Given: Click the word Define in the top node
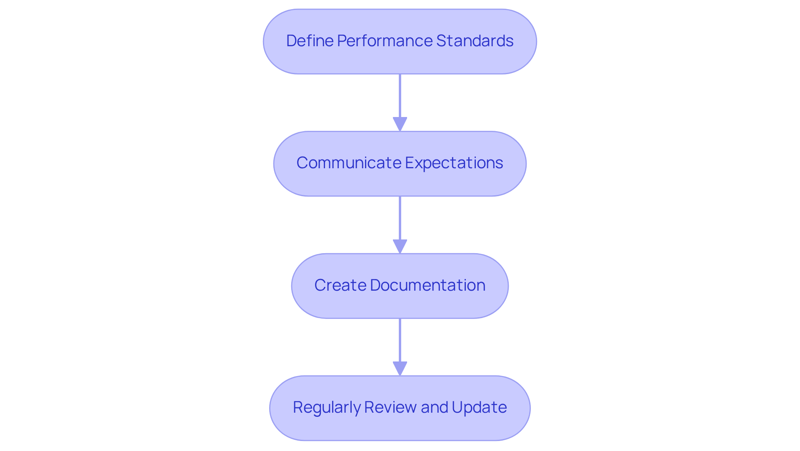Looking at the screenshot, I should tap(310, 41).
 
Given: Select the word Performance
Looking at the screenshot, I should tap(385, 41).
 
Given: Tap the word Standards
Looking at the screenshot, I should tap(475, 41).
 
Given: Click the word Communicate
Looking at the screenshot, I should tap(348, 163).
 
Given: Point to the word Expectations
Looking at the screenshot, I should tap(454, 163).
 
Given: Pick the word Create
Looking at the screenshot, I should tap(340, 285).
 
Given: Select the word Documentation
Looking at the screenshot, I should tap(427, 285).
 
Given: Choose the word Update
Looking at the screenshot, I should tap(479, 407).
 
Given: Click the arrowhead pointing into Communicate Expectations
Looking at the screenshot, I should tap(400, 124).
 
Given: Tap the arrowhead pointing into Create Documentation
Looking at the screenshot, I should tap(400, 246).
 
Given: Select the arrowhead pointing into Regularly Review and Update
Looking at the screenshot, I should tap(400, 369).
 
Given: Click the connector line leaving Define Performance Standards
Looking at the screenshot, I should tap(400, 96).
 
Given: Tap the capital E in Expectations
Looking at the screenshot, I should tap(409, 163).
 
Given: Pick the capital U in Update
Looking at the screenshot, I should tap(457, 407).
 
